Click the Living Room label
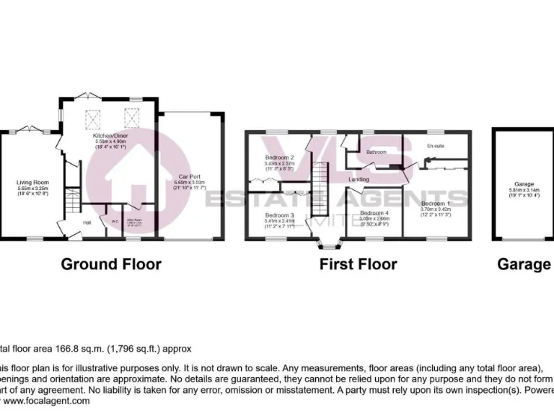coord(32,183)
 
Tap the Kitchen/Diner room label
coord(110,136)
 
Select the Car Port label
coord(190,176)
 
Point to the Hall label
coord(87,222)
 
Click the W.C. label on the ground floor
coord(114,222)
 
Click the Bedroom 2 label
coord(279,157)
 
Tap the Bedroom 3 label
coord(279,215)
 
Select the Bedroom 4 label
coord(374,213)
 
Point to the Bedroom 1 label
coord(436,204)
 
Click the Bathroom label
coord(377,152)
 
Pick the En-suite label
coord(435,147)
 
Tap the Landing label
coord(359,179)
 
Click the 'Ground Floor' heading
coord(110,264)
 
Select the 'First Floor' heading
coord(358,264)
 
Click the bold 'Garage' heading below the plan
coord(524,264)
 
